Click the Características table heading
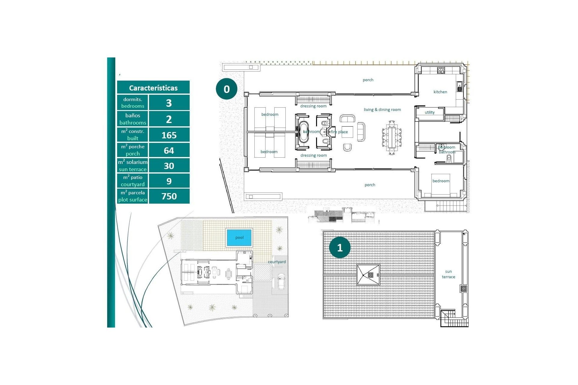point(153,88)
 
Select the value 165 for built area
point(169,135)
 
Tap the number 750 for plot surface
point(169,196)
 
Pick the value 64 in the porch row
point(169,150)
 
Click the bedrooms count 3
point(169,103)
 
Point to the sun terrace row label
point(132,166)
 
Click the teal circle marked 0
point(227,89)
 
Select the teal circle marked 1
point(340,248)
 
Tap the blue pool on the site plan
point(239,238)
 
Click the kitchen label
point(440,92)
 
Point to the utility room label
point(430,112)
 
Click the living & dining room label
point(382,110)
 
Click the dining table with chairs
point(392,137)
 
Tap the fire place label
point(340,132)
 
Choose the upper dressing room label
point(313,106)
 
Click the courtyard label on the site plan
point(277,262)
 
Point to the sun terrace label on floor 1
point(448,274)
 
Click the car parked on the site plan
point(281,281)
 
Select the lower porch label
point(370,185)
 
